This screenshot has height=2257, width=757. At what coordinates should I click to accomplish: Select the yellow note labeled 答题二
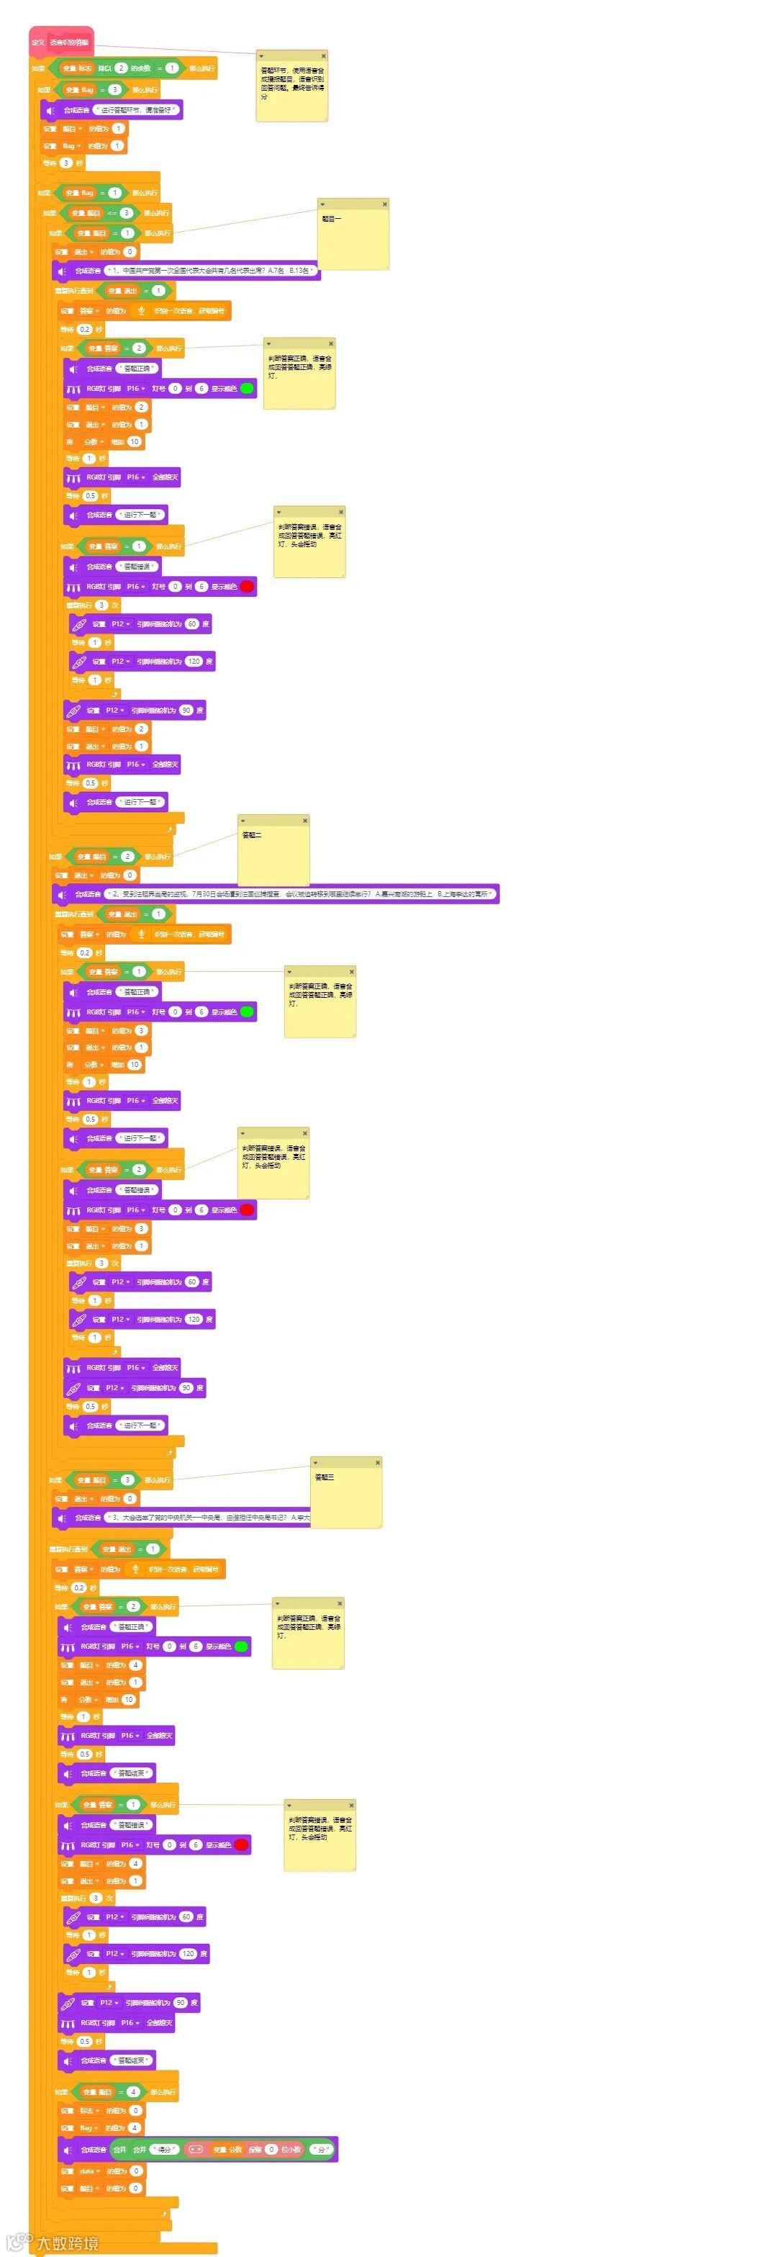point(273,855)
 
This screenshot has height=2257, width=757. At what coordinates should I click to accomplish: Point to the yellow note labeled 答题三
point(346,1497)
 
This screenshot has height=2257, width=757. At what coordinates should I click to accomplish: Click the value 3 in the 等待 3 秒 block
point(65,163)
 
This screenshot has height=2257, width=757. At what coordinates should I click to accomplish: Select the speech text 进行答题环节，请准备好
point(137,110)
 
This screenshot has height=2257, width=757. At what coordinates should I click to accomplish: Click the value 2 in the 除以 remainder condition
point(121,68)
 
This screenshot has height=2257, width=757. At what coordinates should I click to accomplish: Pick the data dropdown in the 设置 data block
point(88,2171)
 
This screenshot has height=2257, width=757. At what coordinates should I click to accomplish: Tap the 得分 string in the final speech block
point(165,2149)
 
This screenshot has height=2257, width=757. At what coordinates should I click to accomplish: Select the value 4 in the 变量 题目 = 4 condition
point(133,2092)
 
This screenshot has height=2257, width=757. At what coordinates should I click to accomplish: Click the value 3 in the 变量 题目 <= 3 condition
point(126,213)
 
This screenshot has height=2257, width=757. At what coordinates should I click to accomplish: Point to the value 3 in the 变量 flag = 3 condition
point(114,89)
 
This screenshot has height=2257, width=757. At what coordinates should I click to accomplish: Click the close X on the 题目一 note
point(384,204)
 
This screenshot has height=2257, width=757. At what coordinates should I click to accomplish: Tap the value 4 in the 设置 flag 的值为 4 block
point(135,2127)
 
